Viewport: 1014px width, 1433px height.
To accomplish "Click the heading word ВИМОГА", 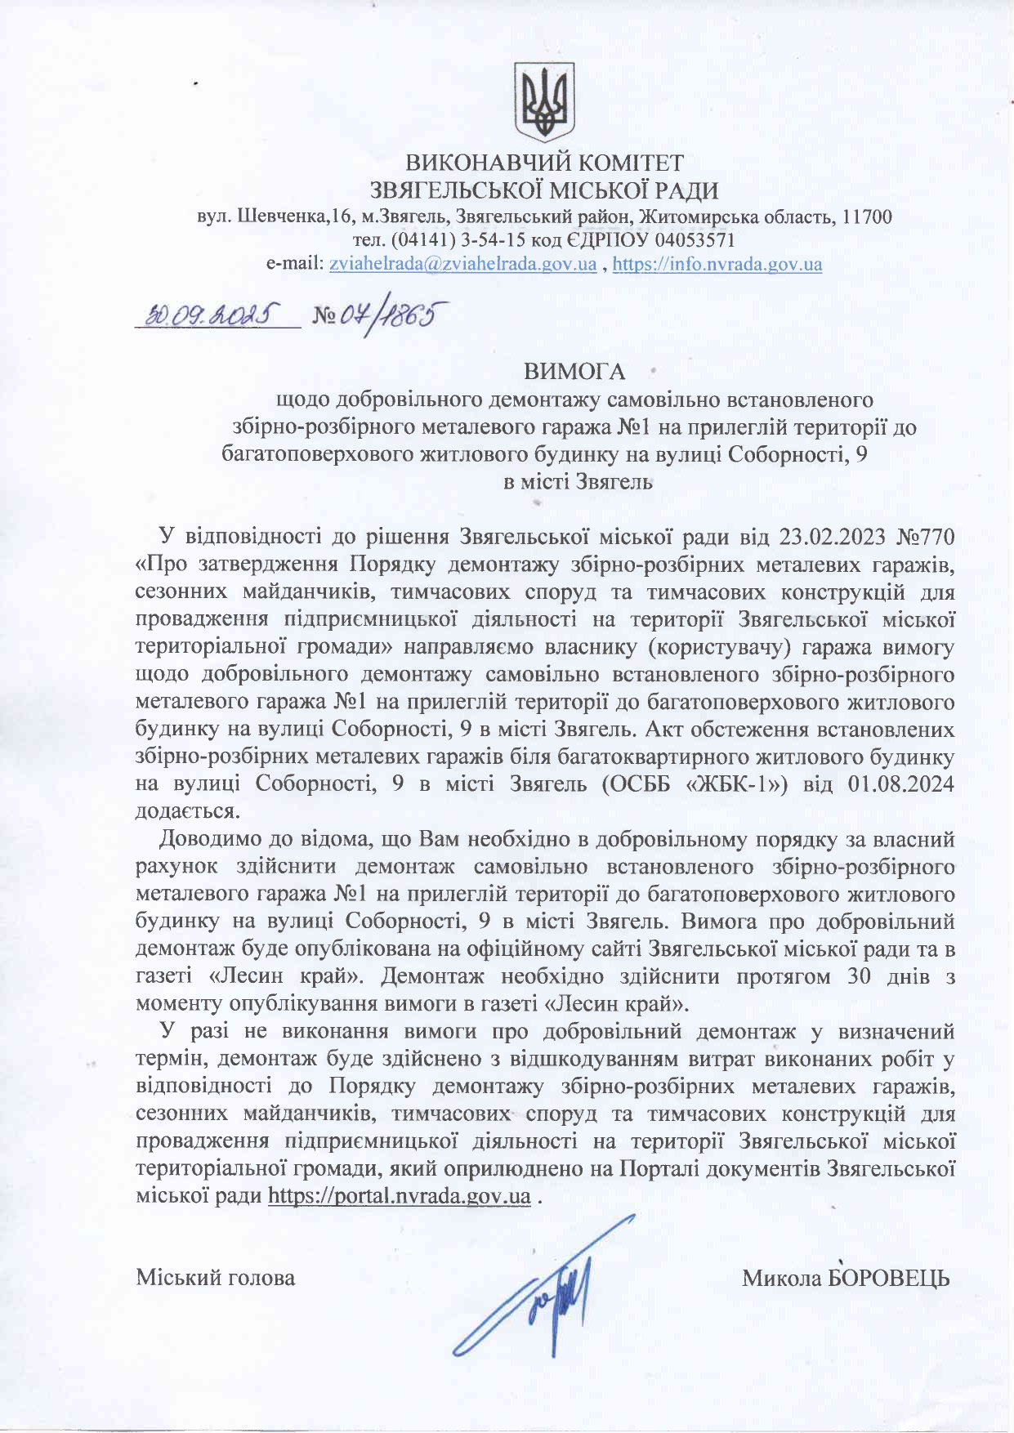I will click(574, 373).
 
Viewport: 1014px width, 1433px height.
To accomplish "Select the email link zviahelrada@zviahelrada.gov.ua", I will click(462, 265).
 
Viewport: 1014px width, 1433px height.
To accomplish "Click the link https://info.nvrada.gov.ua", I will click(717, 265).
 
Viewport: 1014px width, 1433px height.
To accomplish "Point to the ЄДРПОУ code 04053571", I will click(695, 241).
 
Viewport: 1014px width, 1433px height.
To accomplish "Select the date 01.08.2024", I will click(901, 784).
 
